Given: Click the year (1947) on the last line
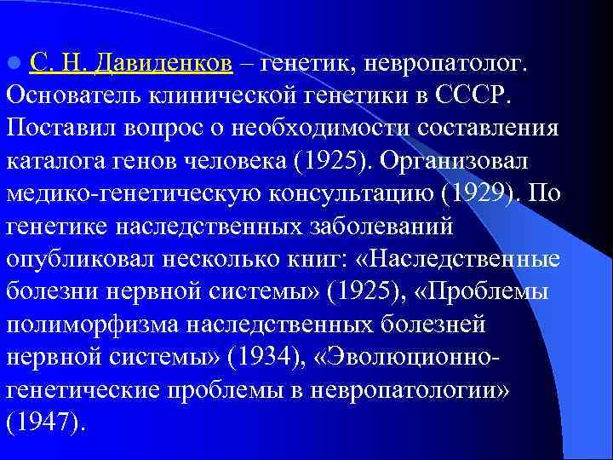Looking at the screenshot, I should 46,422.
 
